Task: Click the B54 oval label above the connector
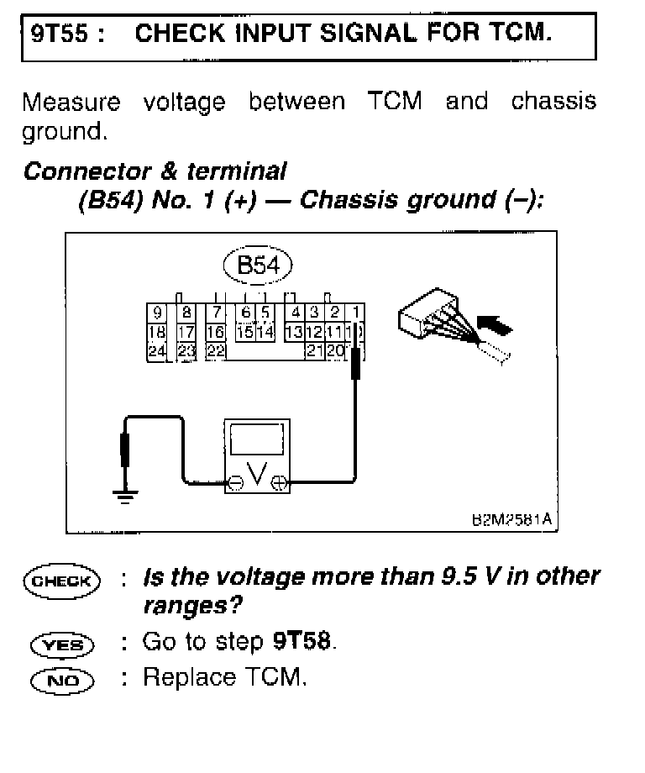pos(257,266)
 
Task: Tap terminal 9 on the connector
pos(157,313)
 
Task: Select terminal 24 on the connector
pos(157,351)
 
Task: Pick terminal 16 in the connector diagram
pos(215,333)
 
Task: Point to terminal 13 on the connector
pos(294,333)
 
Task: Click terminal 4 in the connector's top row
pos(296,313)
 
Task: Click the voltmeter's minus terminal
pos(238,483)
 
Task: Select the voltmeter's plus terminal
pos(280,483)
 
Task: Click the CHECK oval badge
pos(62,581)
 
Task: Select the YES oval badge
pos(62,644)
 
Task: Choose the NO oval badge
pos(62,679)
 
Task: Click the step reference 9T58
pos(303,642)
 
